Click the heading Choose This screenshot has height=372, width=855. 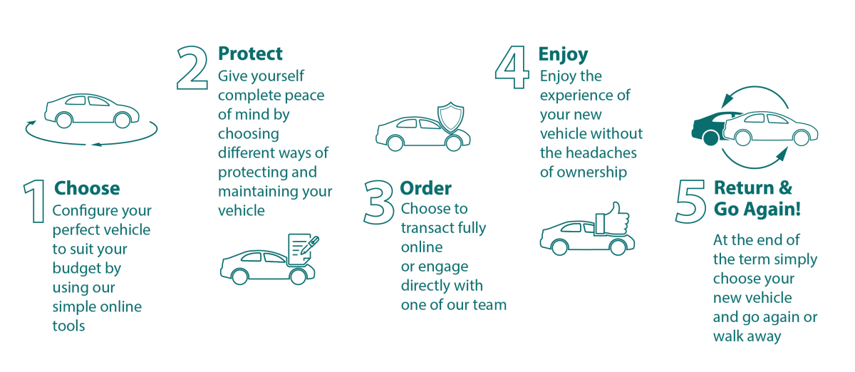[87, 189]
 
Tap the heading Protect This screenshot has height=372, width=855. [250, 53]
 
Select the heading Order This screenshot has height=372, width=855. [425, 189]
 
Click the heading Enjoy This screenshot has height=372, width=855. [563, 54]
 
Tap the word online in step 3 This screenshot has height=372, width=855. [422, 247]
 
